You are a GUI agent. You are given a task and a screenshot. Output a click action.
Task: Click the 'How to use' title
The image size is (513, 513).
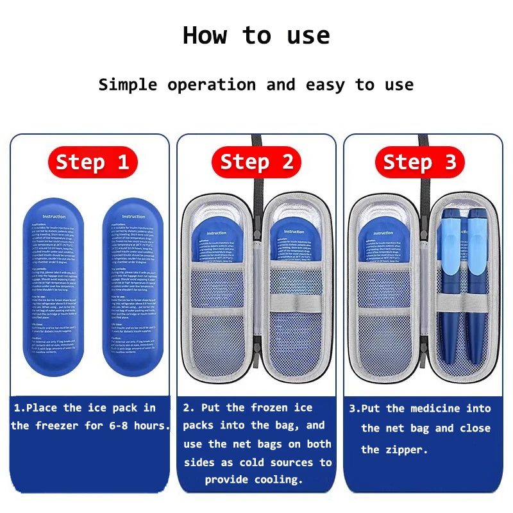256,35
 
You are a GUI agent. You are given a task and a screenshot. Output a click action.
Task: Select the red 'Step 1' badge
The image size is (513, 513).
92,163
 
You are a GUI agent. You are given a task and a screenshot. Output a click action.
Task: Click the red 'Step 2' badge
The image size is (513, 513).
256,163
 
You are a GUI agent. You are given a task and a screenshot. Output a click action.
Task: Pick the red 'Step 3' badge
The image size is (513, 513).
420,163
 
